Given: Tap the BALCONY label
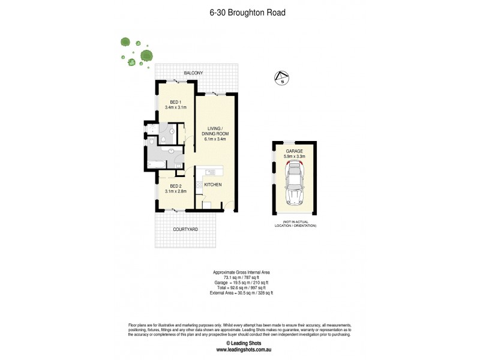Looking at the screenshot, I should [193, 73].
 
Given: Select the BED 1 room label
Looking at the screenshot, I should [176, 101].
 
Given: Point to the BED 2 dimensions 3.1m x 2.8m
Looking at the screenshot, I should [176, 191].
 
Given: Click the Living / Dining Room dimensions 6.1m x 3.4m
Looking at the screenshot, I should [214, 139].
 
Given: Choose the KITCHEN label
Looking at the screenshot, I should [213, 185].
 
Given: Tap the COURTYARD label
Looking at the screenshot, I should [185, 229].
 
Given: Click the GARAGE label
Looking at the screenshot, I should [295, 151].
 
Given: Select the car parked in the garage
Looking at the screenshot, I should [295, 185].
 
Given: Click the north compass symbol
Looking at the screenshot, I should [281, 78].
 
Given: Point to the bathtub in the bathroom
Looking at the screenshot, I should [157, 163].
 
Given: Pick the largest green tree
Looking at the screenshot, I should [146, 56].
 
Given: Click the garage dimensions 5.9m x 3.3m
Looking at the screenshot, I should [295, 157].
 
